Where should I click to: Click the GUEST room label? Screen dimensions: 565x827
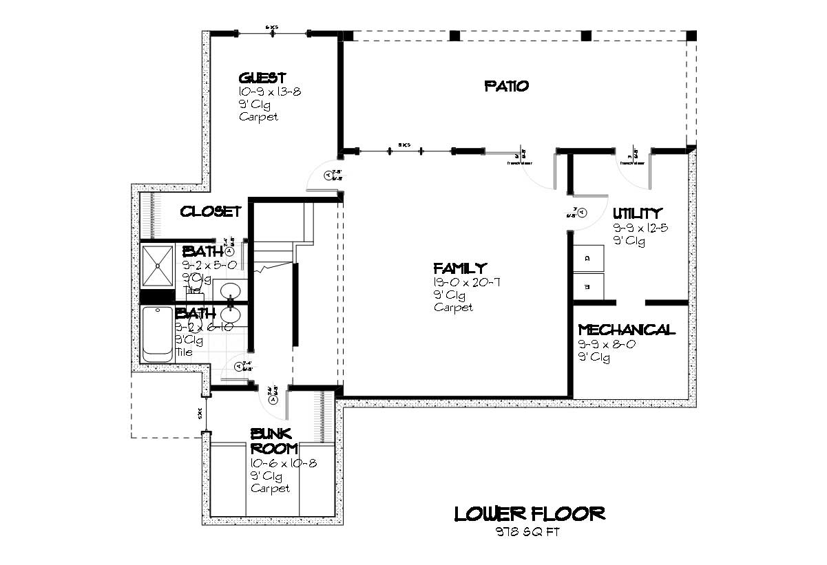262,78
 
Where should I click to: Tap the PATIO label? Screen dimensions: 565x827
506,86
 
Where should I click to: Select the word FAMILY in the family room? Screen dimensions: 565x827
460,268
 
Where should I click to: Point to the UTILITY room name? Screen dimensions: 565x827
637,213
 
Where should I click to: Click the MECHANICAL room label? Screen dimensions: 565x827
627,330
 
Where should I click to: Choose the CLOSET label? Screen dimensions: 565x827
211,212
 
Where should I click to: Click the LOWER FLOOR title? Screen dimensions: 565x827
530,513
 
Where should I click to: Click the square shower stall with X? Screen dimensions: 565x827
158,266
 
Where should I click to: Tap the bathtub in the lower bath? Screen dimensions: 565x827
158,334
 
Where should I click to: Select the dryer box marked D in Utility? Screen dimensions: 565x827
589,258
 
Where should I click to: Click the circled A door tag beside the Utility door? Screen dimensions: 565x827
582,213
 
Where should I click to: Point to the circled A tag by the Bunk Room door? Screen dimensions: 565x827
273,399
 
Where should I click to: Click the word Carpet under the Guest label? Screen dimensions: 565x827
259,117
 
